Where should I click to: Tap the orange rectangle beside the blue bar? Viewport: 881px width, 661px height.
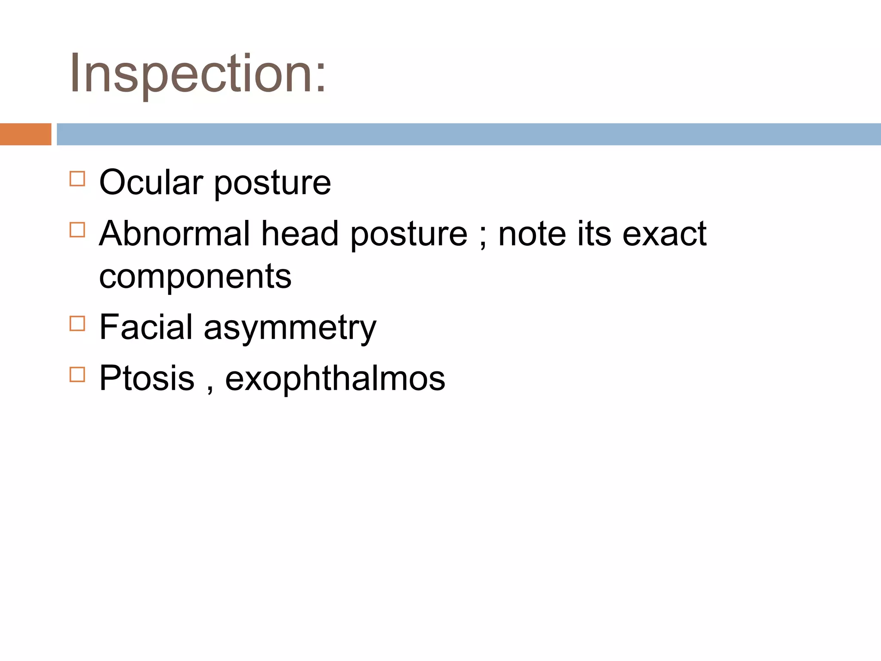pos(25,134)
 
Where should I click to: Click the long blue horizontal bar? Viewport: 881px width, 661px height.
pos(468,134)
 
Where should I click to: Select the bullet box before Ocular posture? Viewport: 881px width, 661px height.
pos(77,179)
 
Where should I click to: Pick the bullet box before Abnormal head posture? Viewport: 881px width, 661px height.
pos(77,230)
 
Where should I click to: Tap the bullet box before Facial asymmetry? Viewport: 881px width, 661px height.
pos(77,323)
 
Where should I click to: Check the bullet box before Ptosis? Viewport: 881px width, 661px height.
pos(77,374)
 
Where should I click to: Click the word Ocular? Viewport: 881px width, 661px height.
pos(151,182)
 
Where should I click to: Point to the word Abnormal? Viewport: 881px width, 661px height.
pos(174,234)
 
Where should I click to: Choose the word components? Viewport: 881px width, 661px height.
pos(195,277)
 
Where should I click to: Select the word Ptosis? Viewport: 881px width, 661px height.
pos(147,378)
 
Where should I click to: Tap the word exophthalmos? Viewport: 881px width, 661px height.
pos(335,378)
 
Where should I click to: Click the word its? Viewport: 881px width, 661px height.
pos(594,234)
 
